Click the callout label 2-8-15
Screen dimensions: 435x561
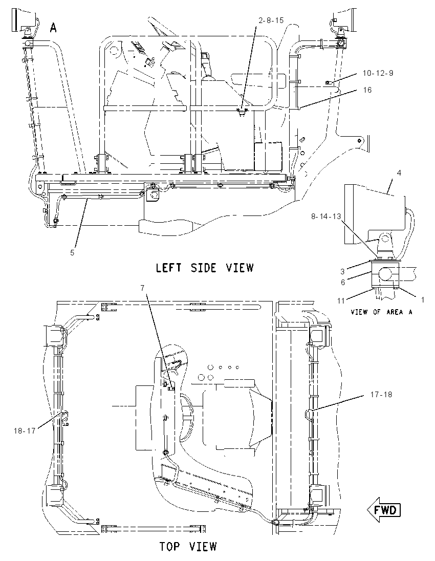pyautogui.click(x=271, y=20)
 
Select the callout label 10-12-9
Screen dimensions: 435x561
pyautogui.click(x=378, y=73)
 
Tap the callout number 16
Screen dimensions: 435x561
pyautogui.click(x=367, y=90)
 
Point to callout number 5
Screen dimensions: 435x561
pyautogui.click(x=72, y=252)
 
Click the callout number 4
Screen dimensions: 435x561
pyautogui.click(x=399, y=173)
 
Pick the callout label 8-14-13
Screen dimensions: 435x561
pyautogui.click(x=326, y=217)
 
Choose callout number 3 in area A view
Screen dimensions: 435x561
pyautogui.click(x=342, y=272)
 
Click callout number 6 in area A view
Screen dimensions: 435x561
pyautogui.click(x=343, y=282)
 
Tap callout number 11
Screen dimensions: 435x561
pyautogui.click(x=341, y=301)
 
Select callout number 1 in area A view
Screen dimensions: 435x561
pyautogui.click(x=423, y=300)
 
